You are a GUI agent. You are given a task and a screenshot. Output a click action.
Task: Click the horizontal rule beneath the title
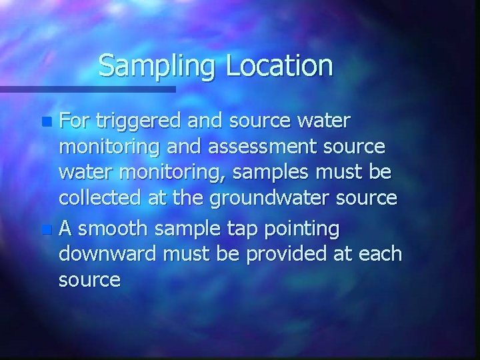click(87, 89)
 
